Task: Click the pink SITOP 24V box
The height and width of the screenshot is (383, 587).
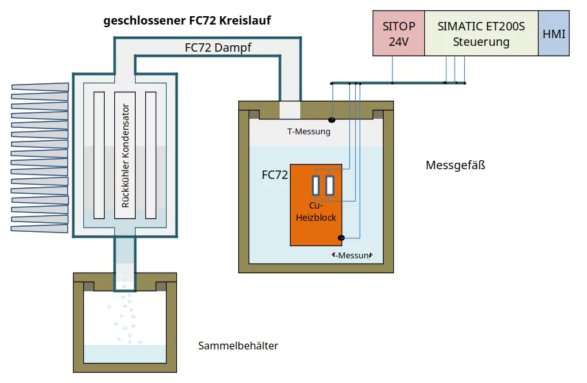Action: coord(398,34)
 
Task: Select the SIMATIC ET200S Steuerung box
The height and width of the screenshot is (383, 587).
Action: coord(481,34)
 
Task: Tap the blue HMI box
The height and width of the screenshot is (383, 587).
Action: coord(554,34)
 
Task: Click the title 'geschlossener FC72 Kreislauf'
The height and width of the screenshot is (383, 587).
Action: coord(187,21)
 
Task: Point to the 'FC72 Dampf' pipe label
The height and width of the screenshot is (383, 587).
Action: coord(218,47)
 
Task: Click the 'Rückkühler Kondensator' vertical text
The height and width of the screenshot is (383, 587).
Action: coord(125,155)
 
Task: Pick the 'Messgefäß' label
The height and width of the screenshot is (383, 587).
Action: coord(455,165)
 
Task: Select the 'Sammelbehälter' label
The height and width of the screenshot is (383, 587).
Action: coord(238,346)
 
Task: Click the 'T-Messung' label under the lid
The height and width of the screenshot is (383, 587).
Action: coord(309,132)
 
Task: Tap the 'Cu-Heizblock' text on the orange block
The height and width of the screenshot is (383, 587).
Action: coord(316,212)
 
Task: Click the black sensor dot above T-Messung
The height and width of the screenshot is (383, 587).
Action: coord(332,119)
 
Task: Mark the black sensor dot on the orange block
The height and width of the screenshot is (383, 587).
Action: coord(341,238)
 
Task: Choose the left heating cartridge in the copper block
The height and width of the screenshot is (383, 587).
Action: coord(316,185)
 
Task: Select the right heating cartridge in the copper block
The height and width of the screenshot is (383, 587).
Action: coord(330,185)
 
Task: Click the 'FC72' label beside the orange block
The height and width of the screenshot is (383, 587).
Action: coord(274,175)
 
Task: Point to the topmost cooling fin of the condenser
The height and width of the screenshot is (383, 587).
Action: coord(40,87)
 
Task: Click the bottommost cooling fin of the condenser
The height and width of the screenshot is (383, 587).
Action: coord(40,228)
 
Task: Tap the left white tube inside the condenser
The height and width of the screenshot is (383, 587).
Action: coord(99,155)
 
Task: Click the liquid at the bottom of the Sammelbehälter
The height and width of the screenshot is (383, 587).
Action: coord(125,353)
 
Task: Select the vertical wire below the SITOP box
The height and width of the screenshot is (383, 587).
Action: coord(393,69)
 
